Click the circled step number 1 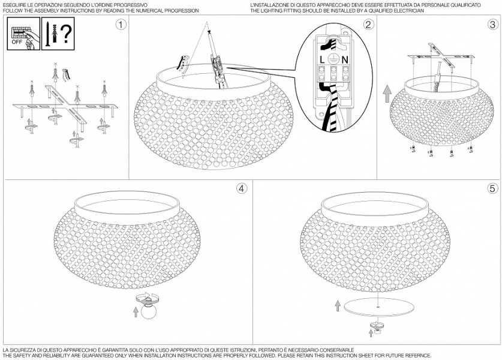pos(121,25)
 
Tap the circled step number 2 pos(368,25)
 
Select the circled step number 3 pos(492,25)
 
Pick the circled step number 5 pos(492,188)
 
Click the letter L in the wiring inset pos(323,59)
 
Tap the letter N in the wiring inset pos(344,59)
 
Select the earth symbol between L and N pos(333,59)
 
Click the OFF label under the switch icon pos(18,43)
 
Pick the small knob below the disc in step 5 pos(377,326)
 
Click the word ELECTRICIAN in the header pos(407,11)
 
